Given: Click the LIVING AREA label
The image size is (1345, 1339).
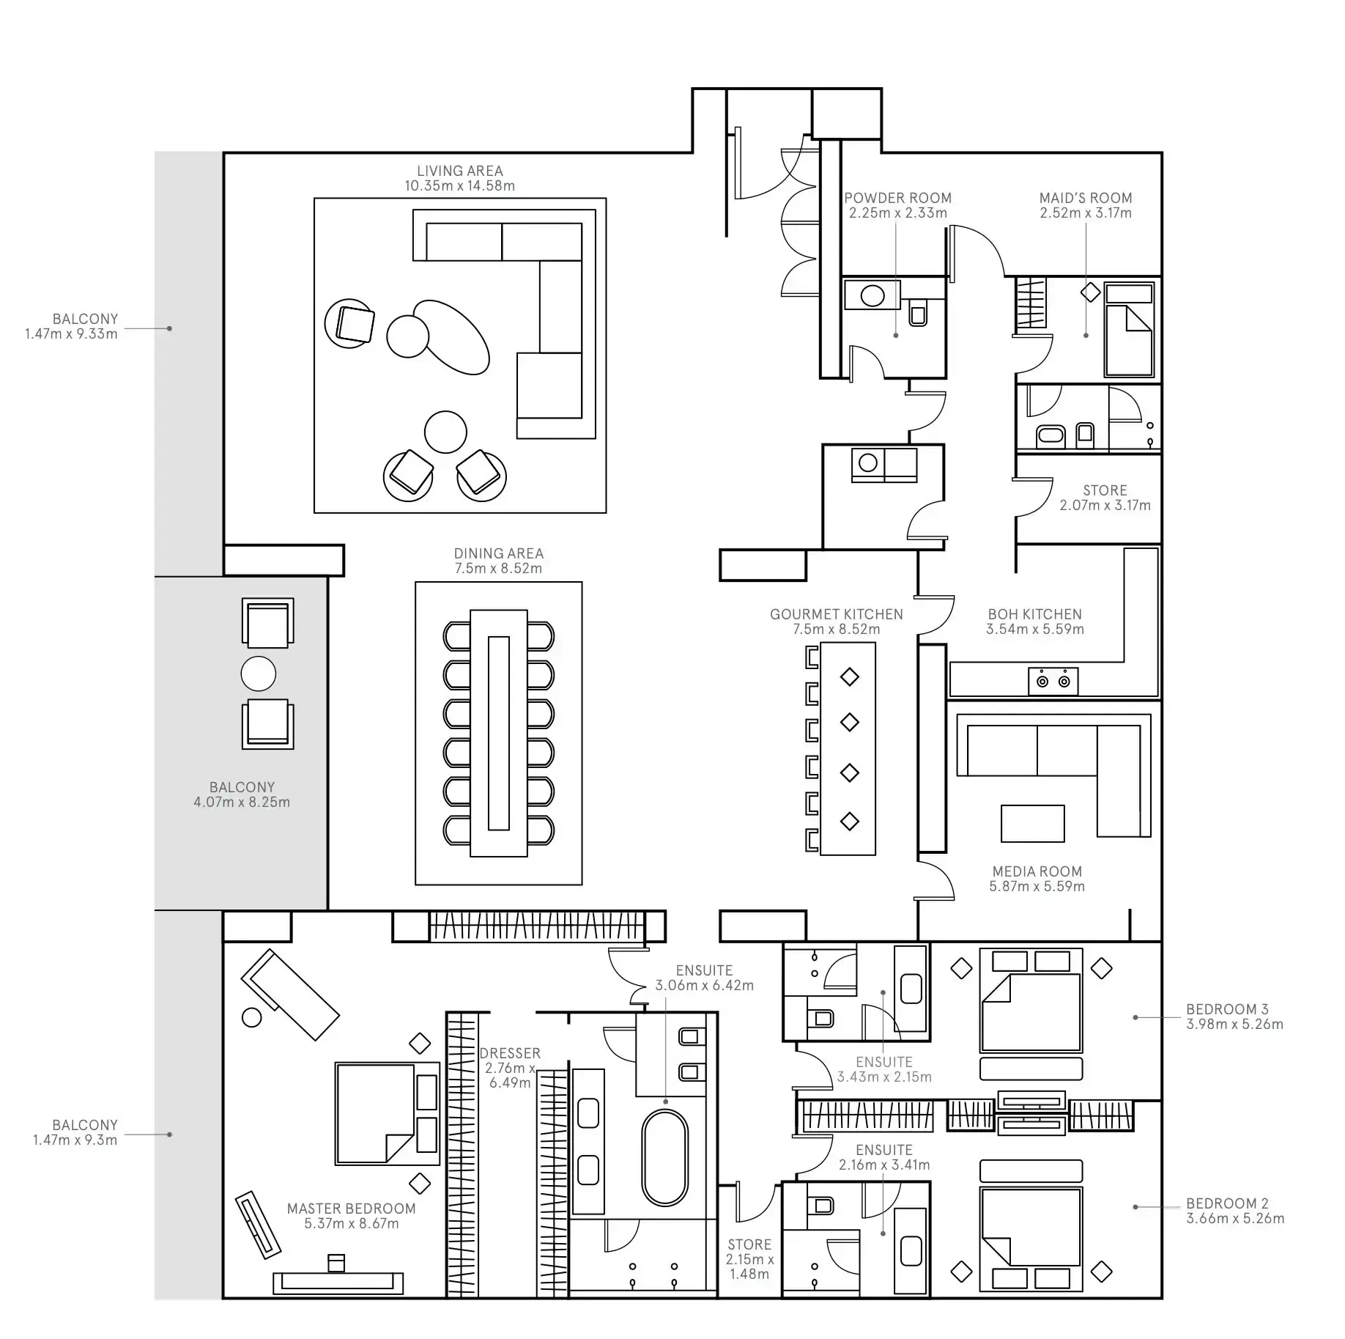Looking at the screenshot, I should pyautogui.click(x=459, y=171).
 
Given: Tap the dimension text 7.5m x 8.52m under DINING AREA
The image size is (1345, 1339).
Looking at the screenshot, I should pyautogui.click(x=498, y=569).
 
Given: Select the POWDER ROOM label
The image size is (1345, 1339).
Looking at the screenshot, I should pyautogui.click(x=897, y=198).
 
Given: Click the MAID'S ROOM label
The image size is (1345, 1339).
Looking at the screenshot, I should pyautogui.click(x=1085, y=198).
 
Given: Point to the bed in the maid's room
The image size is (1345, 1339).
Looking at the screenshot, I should pyautogui.click(x=1128, y=330).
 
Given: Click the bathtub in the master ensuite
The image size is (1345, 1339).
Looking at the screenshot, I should pyautogui.click(x=664, y=1158).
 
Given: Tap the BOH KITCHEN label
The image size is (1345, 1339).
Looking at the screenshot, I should pyautogui.click(x=1034, y=614).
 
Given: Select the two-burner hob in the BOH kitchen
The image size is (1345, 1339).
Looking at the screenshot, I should pyautogui.click(x=1053, y=682).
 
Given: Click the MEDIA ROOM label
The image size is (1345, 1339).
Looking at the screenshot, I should pyautogui.click(x=1037, y=871).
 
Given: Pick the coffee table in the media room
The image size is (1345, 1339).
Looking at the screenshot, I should pyautogui.click(x=1032, y=824).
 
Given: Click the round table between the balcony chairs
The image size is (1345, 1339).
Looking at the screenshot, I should pyautogui.click(x=258, y=674).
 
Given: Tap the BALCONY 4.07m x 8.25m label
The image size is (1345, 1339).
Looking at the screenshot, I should pyautogui.click(x=242, y=794).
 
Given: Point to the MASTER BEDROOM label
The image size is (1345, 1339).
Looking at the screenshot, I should pyautogui.click(x=351, y=1209).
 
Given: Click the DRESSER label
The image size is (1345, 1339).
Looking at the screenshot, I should pyautogui.click(x=510, y=1053).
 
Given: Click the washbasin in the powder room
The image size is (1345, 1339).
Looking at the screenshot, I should pyautogui.click(x=872, y=296).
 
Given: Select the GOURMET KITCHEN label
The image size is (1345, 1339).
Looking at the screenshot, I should pyautogui.click(x=836, y=614).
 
